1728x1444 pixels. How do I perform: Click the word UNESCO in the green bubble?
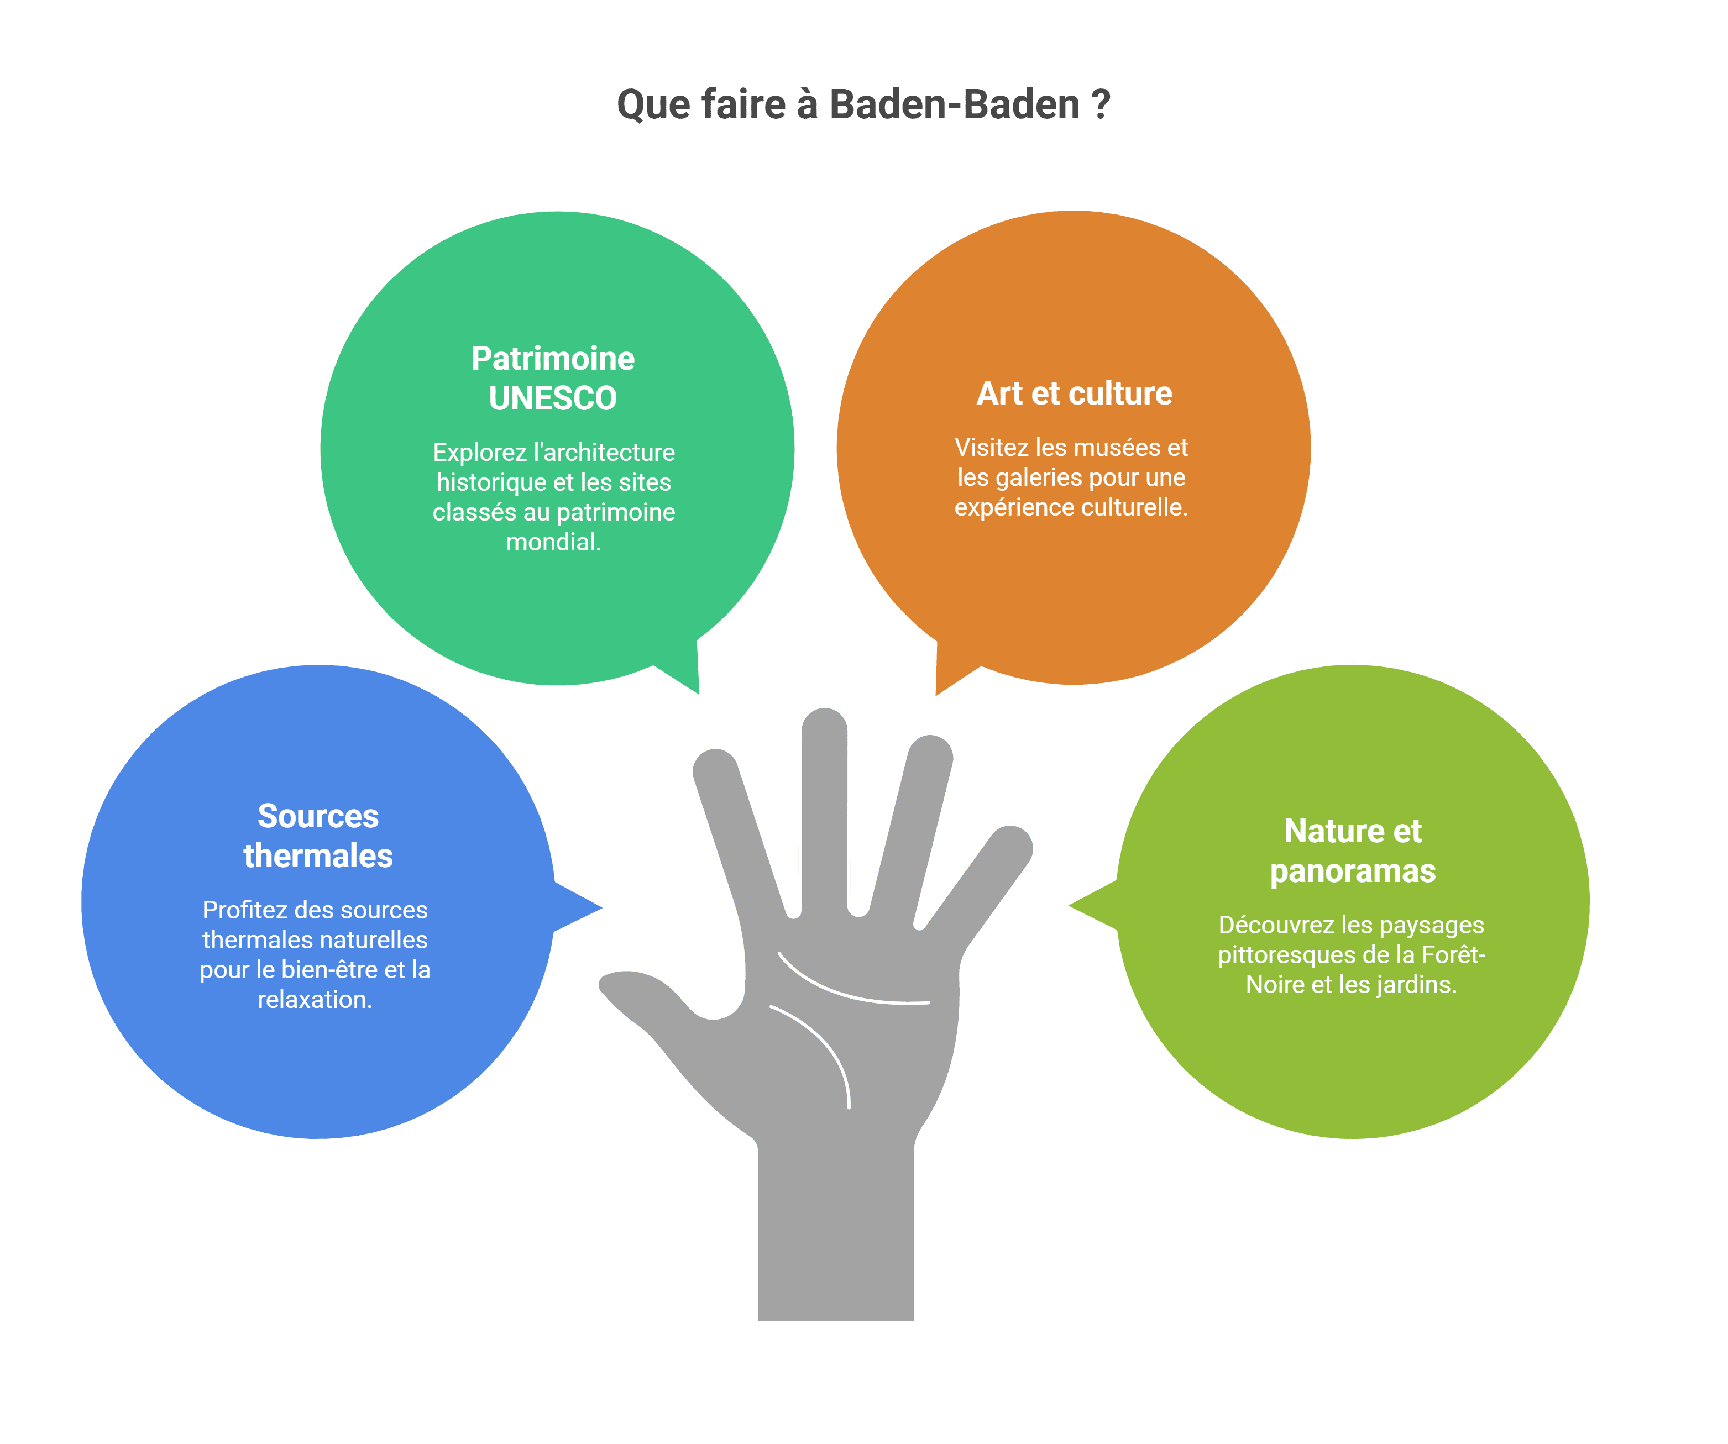coord(552,398)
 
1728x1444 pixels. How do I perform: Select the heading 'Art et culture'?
coord(1074,393)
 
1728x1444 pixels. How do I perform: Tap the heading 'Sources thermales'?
coord(318,836)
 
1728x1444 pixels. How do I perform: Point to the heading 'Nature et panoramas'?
coord(1352,851)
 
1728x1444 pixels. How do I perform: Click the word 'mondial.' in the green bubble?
coord(553,542)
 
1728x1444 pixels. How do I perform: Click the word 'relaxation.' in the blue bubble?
coord(315,1000)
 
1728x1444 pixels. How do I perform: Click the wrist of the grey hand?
coord(835,1234)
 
